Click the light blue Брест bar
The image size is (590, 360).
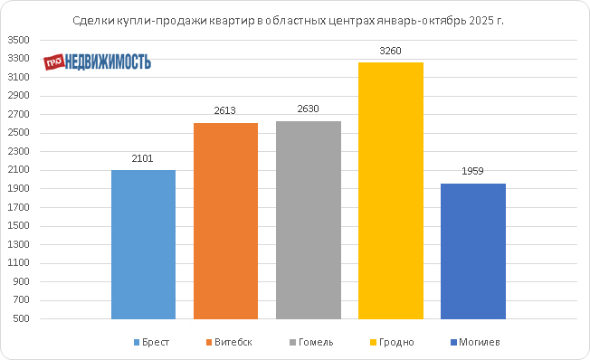[143, 244]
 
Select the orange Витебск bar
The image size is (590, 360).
[225, 221]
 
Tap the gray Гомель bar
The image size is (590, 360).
[309, 220]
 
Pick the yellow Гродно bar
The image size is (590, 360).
[391, 191]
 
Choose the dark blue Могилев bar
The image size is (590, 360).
[473, 251]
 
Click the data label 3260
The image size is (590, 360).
[391, 51]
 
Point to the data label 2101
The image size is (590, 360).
[143, 158]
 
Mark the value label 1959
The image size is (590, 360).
[472, 171]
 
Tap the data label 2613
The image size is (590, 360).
[225, 110]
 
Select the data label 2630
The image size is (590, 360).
[309, 109]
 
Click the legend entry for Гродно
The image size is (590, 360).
[392, 342]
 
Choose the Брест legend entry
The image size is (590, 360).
[152, 342]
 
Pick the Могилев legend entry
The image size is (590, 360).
[475, 342]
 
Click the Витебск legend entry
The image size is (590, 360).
[229, 342]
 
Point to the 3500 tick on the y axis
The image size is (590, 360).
[18, 40]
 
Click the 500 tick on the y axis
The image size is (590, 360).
[21, 318]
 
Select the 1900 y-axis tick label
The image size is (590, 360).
[18, 188]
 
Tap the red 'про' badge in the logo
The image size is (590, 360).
[53, 62]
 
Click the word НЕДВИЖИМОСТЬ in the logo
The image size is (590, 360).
[108, 62]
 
